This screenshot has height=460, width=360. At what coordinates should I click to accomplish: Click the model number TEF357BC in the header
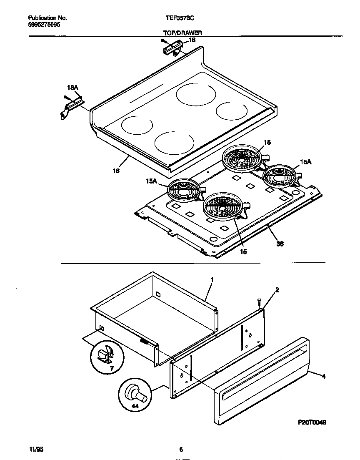click(180, 18)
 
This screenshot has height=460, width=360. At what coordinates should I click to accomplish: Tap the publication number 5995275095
click(45, 25)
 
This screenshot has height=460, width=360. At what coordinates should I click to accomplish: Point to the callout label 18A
click(72, 88)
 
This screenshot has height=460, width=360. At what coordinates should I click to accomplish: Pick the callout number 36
click(280, 244)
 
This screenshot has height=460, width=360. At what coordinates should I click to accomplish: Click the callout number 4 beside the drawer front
click(323, 376)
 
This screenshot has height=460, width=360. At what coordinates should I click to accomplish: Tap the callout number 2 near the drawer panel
click(277, 289)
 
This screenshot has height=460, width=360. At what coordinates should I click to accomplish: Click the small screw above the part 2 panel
click(260, 302)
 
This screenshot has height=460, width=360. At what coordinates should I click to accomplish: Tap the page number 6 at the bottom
click(181, 449)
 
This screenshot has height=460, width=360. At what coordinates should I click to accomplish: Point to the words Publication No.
click(47, 18)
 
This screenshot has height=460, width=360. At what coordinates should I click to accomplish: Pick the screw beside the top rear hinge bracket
click(164, 41)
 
